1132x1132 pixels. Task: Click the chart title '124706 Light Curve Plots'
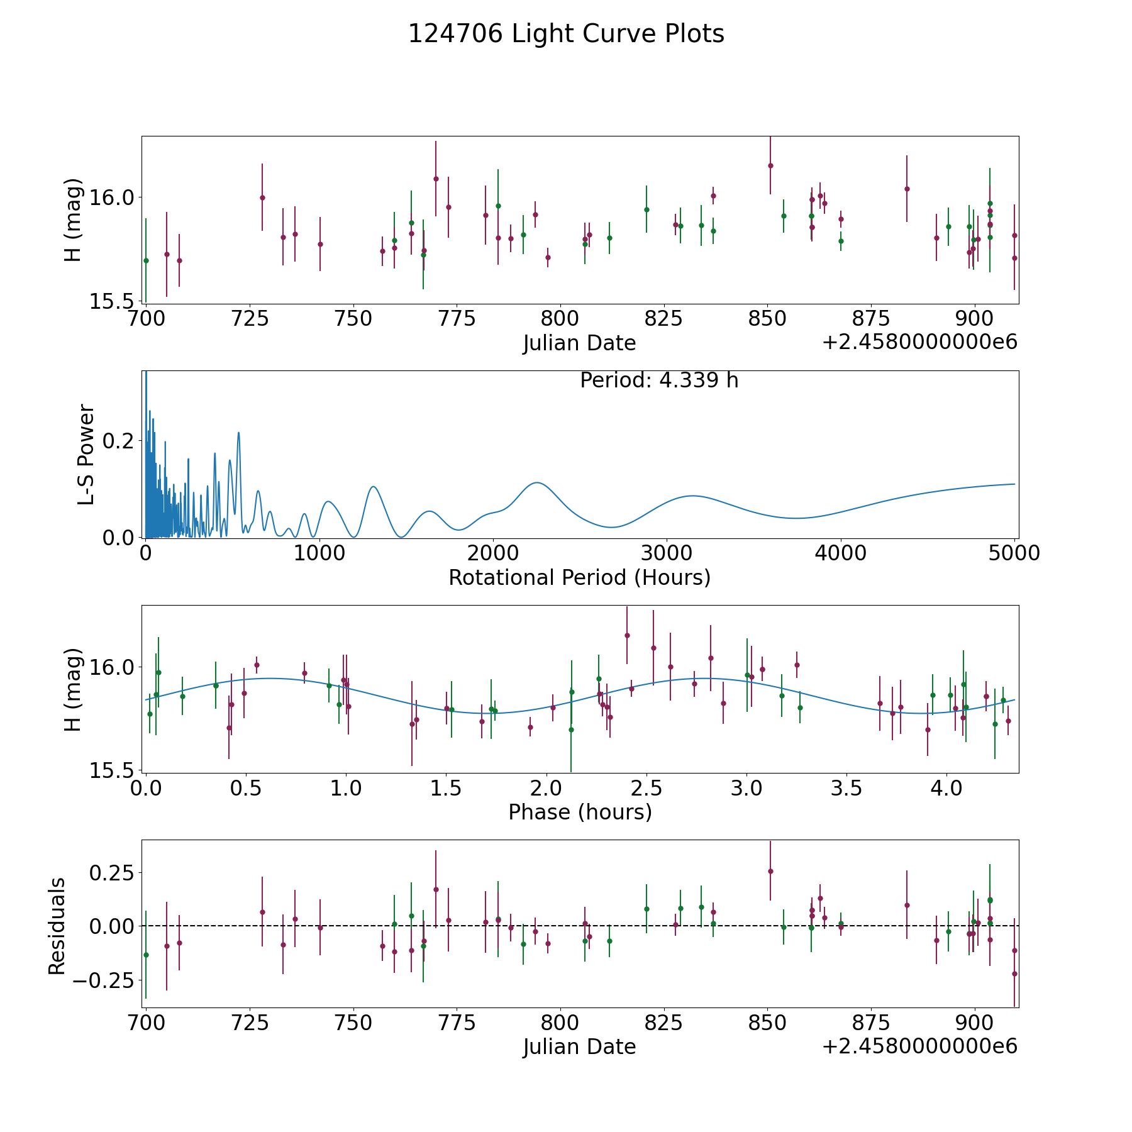pos(566,34)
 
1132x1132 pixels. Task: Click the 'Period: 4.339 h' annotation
pos(659,380)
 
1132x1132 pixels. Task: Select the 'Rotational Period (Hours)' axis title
pos(580,577)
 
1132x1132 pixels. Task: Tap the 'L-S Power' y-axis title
pos(87,455)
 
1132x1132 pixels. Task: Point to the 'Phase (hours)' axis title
pos(580,812)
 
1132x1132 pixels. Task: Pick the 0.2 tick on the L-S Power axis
pos(119,441)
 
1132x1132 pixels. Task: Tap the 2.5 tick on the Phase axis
pos(646,788)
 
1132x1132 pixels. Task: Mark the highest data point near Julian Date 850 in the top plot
pos(770,165)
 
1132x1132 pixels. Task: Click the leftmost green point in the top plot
pos(146,260)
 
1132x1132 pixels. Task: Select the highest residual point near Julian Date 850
pos(770,871)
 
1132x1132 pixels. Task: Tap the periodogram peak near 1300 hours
pos(374,486)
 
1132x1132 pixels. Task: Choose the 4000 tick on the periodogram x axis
pos(840,553)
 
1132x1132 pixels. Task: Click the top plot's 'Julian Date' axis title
pos(580,343)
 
